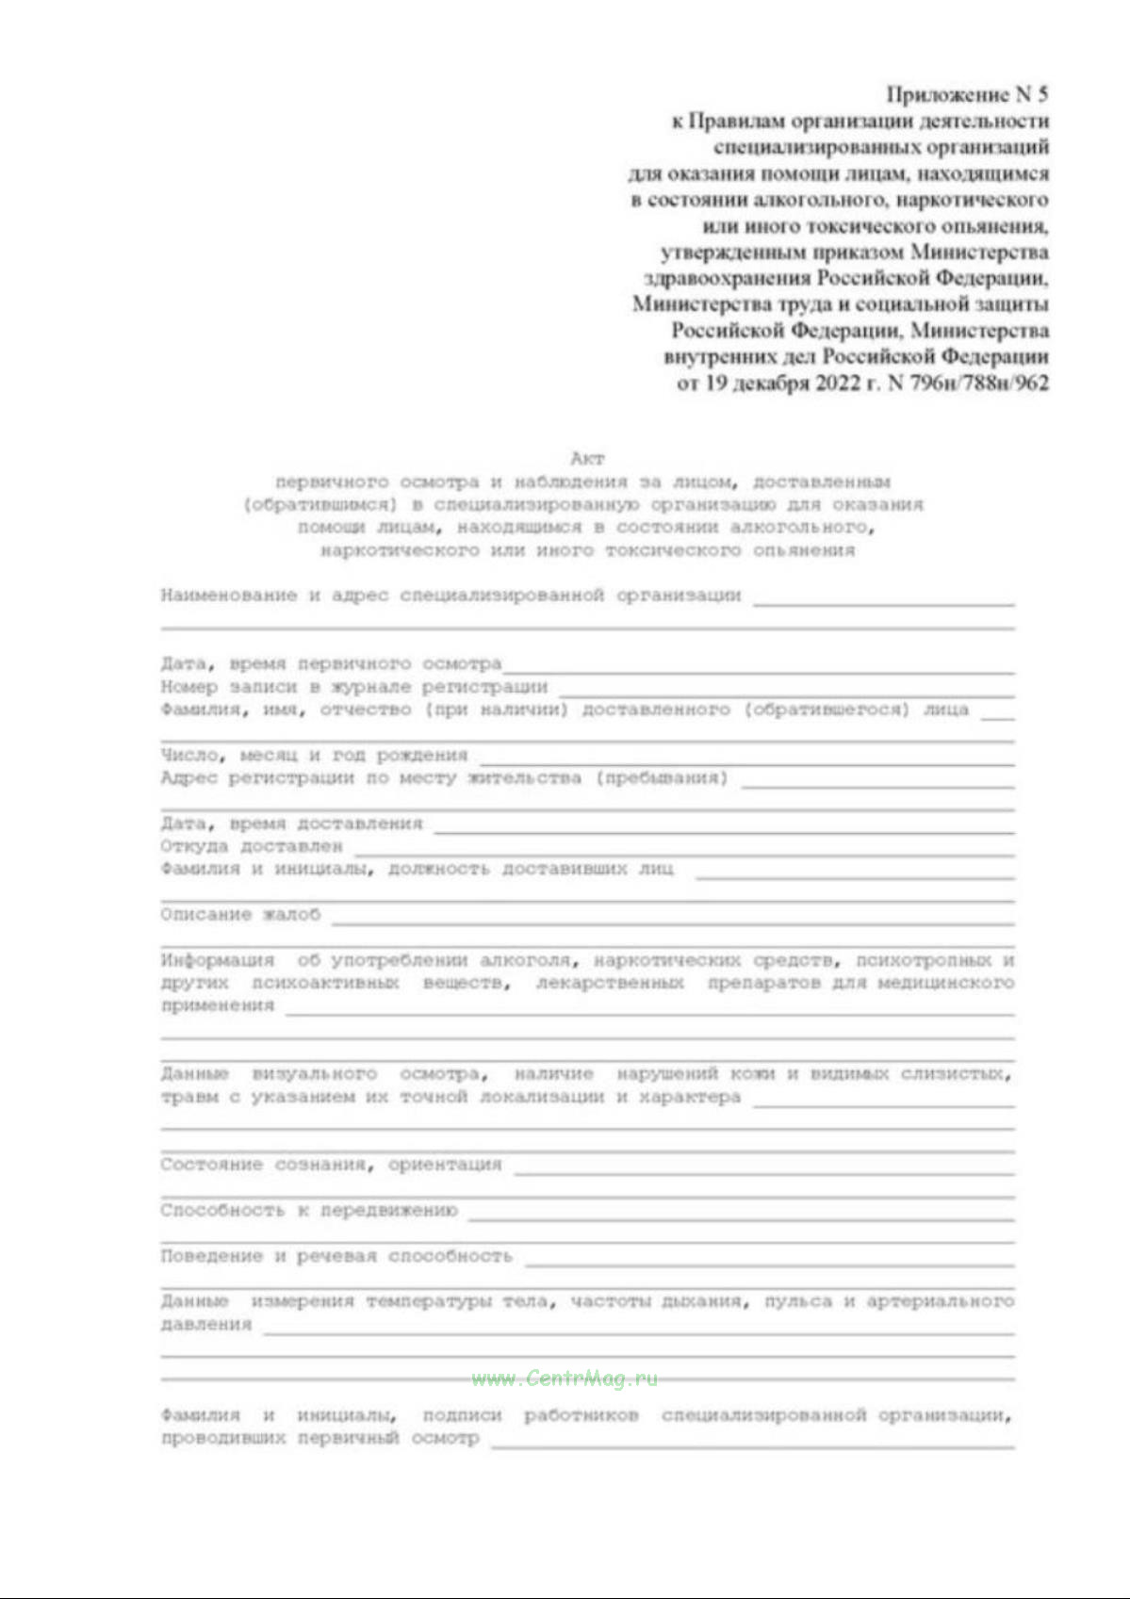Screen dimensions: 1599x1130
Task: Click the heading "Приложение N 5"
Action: pos(967,94)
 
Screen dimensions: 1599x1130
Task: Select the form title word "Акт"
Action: pos(586,459)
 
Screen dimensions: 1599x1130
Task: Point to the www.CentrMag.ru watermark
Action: pos(565,1379)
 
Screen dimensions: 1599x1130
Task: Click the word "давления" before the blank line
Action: pos(206,1325)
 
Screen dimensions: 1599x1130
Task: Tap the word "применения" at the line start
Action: pos(218,1006)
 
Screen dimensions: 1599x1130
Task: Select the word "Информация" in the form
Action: pos(218,960)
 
